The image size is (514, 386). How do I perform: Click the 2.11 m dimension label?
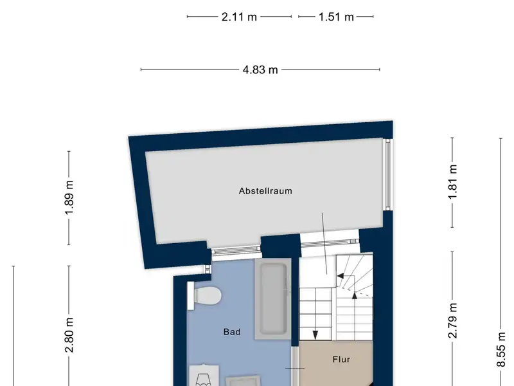pos(239,17)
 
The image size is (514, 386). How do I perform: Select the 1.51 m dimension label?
pos(336,17)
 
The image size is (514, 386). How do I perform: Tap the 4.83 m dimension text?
pos(260,69)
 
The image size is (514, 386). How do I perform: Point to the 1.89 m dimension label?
pos(69,198)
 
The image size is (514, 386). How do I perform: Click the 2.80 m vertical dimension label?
pos(69,335)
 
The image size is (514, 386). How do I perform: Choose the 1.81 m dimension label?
pos(452,182)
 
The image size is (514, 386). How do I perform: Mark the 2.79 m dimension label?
pos(452,320)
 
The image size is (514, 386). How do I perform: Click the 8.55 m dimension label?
pos(501,349)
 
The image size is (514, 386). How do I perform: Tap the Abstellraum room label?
pos(265,191)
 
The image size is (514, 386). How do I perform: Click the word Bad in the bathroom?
pos(232,332)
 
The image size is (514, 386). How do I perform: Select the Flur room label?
pos(342,360)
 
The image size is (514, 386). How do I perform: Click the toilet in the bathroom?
pos(208,295)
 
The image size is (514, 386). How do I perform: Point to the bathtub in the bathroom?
pos(273,299)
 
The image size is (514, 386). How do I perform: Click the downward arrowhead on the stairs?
pos(315,335)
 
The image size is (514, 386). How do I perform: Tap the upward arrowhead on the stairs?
pos(355,296)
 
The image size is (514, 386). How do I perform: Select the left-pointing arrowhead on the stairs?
pos(341,276)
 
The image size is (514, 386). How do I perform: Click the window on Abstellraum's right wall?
pos(388,174)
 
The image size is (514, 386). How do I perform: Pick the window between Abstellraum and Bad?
pos(236,252)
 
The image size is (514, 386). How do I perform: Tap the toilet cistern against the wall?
pos(190,296)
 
